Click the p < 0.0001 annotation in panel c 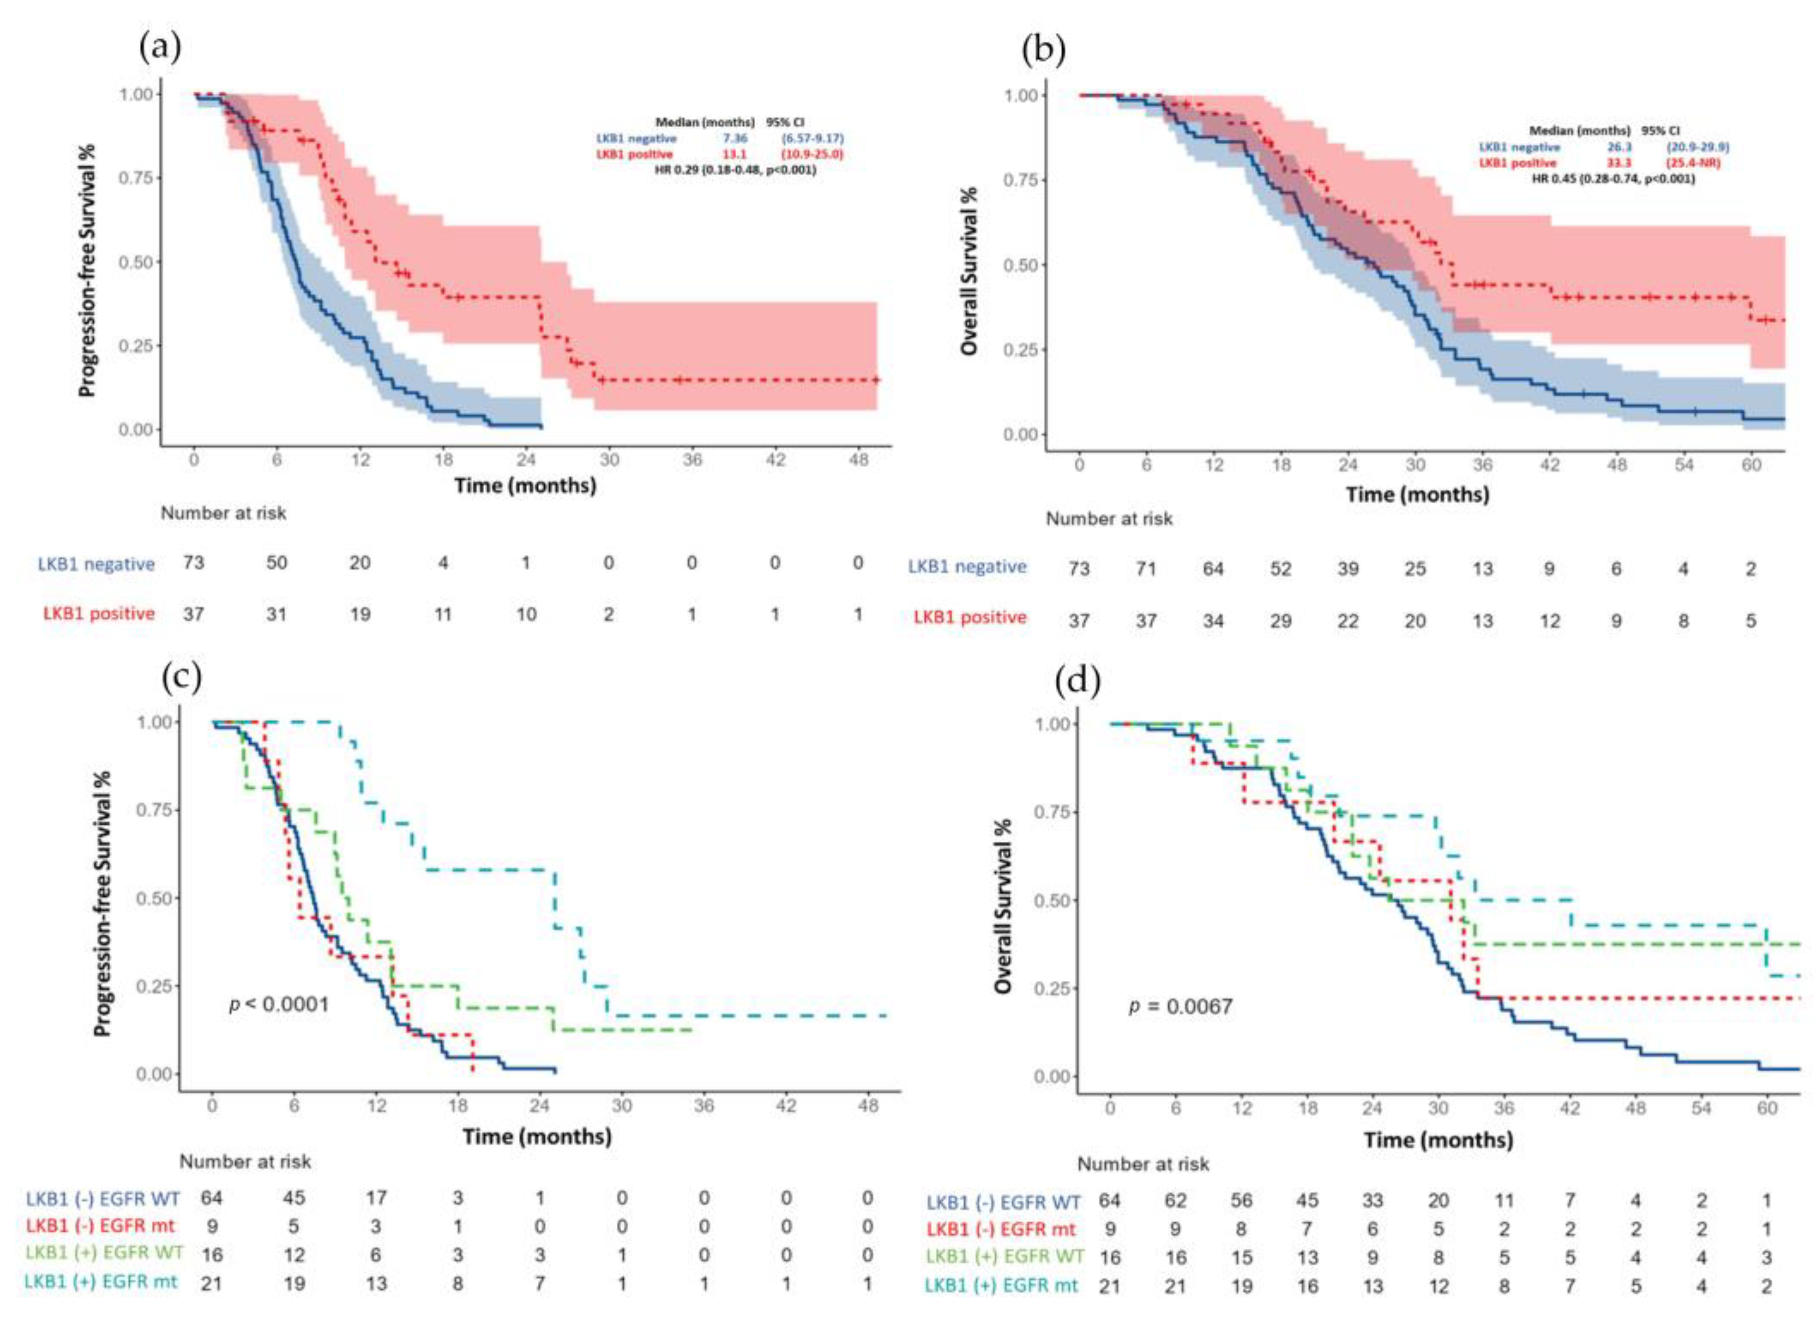click(279, 1004)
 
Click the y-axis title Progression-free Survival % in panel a click(87, 270)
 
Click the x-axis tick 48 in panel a click(857, 460)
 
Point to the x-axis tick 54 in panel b click(1684, 465)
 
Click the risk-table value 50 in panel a click(276, 563)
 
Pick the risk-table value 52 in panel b click(1280, 568)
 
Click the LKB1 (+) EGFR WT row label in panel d click(1004, 1256)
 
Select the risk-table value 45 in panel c click(294, 1197)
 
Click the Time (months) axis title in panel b click(1417, 495)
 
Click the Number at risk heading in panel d click(1143, 1164)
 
